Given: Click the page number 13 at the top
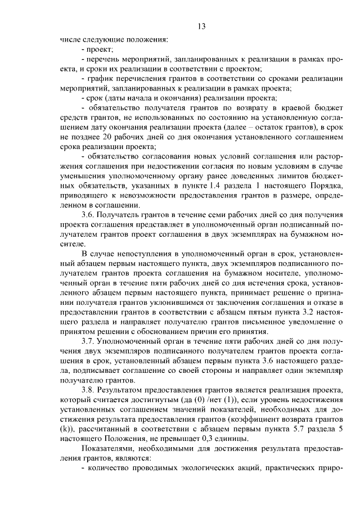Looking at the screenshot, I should pos(203,25).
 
